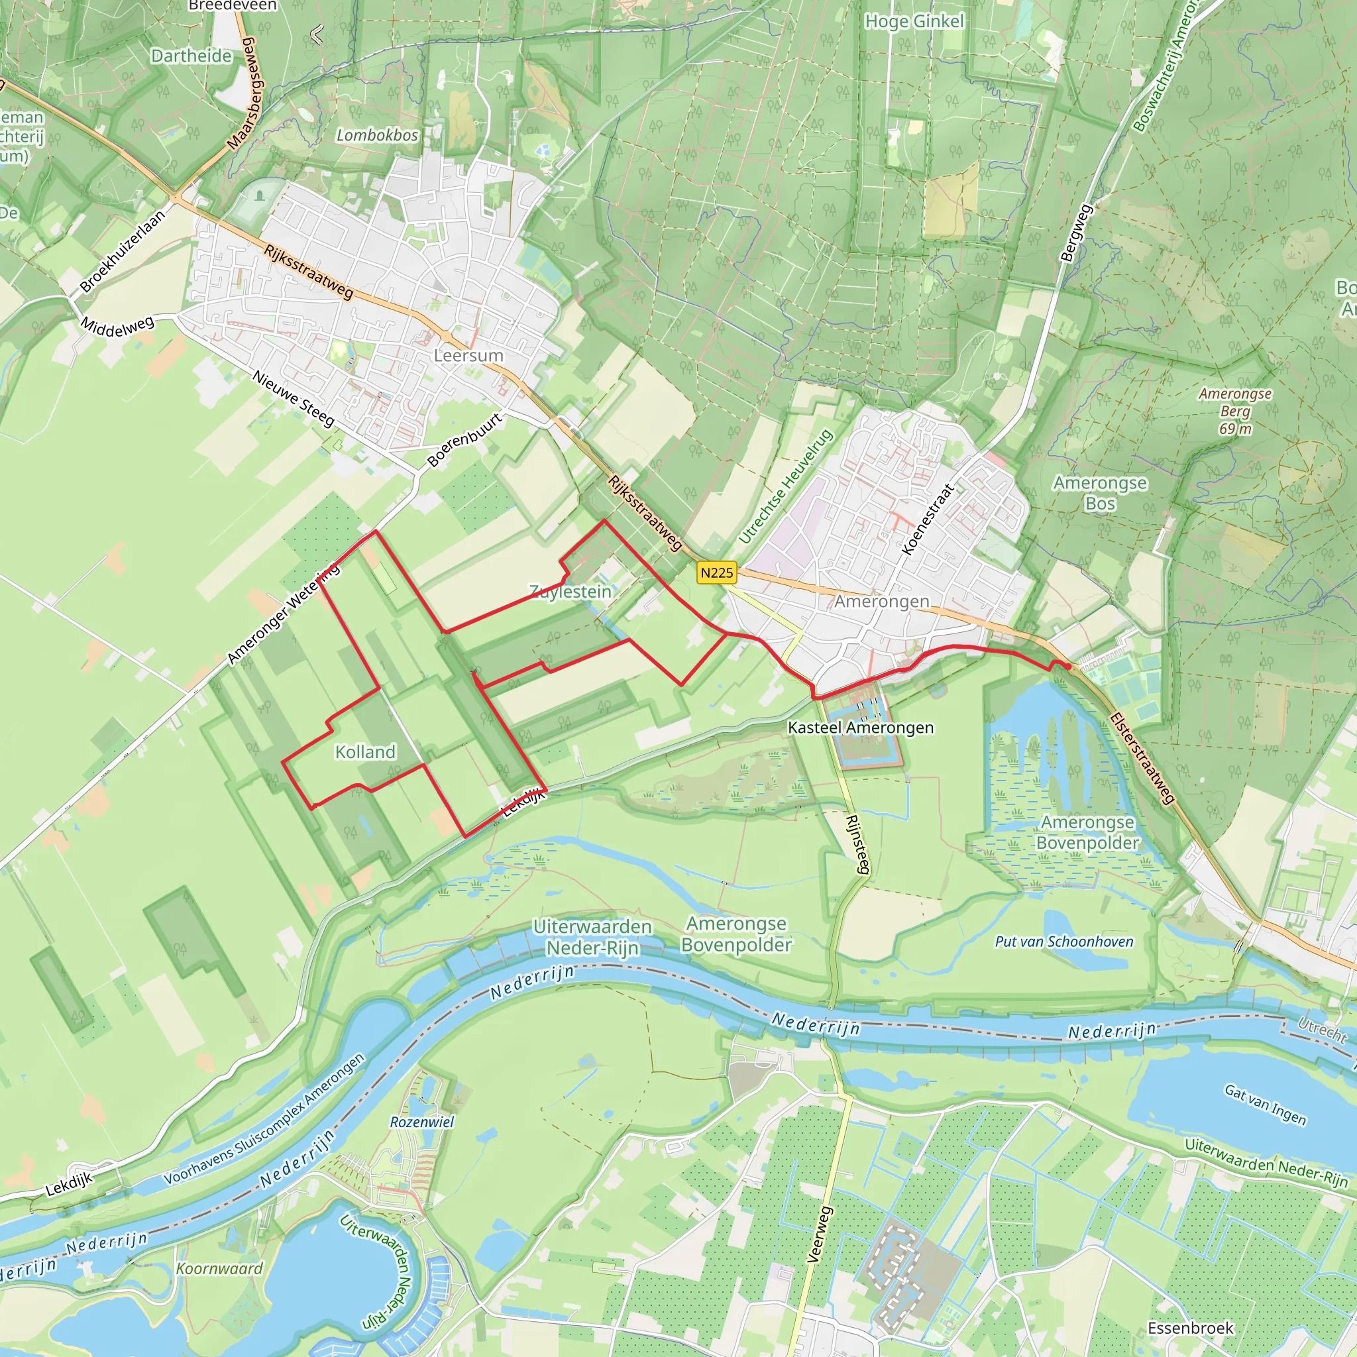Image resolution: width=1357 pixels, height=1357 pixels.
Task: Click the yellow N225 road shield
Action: click(x=716, y=572)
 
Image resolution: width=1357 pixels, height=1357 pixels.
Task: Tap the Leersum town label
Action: click(x=468, y=355)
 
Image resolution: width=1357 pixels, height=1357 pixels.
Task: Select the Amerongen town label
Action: click(x=881, y=601)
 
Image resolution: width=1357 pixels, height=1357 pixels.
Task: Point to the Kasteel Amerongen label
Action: click(x=861, y=728)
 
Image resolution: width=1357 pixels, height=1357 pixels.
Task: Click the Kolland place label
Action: click(x=365, y=752)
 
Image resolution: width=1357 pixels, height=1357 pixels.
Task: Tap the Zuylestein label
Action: click(x=570, y=592)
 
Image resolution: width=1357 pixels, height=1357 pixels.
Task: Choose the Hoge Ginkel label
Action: click(x=914, y=22)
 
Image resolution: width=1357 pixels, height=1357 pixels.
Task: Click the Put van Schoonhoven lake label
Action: click(x=1063, y=942)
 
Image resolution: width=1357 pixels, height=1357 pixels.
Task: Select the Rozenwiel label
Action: click(x=421, y=1122)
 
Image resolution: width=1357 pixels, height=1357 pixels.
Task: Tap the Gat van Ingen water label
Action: click(x=1265, y=1105)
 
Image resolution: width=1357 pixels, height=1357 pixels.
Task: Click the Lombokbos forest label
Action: click(x=377, y=135)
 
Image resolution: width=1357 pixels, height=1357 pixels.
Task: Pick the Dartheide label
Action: click(x=191, y=56)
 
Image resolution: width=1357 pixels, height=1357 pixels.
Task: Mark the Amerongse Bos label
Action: click(x=1099, y=493)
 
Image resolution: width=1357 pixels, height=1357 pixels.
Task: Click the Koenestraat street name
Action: click(x=928, y=519)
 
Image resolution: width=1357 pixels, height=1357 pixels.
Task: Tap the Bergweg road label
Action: click(x=1077, y=233)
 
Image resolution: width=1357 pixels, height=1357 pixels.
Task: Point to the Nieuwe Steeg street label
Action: click(x=294, y=398)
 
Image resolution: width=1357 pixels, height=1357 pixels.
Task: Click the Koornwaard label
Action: click(x=219, y=1269)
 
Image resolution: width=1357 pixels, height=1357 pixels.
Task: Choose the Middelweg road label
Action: click(x=117, y=326)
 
